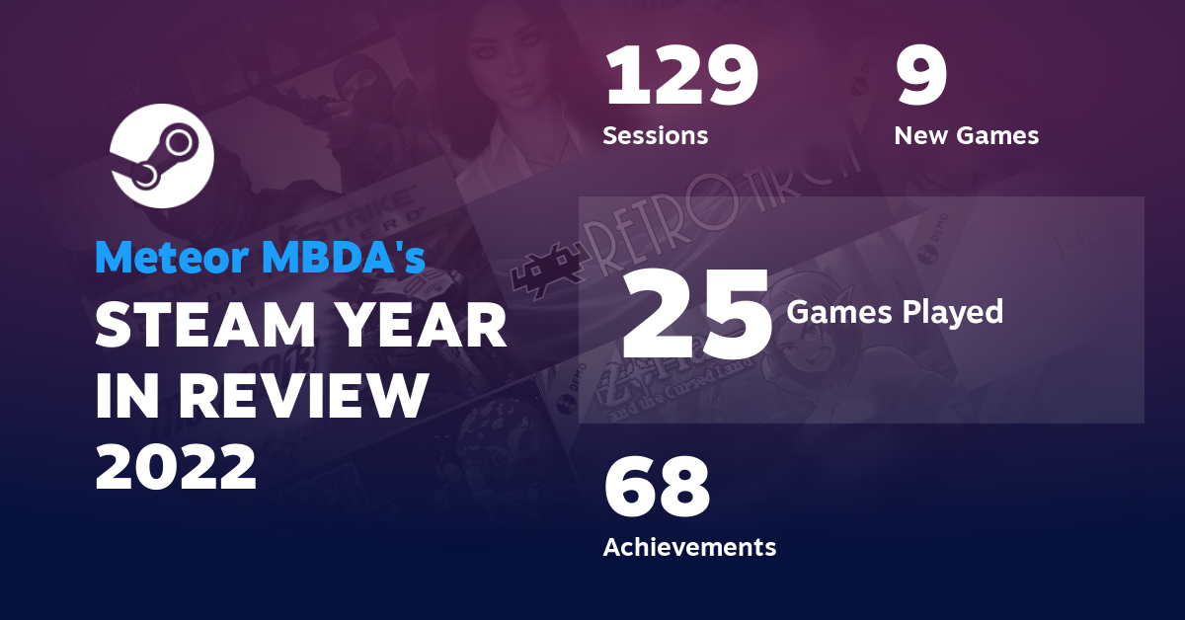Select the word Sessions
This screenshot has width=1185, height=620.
(655, 135)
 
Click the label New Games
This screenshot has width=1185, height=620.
(966, 135)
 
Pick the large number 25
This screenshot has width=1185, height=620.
(695, 315)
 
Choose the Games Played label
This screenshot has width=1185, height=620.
(895, 312)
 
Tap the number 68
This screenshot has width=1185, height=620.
(657, 488)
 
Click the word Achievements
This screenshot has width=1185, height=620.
(689, 546)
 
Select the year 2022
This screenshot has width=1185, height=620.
(176, 465)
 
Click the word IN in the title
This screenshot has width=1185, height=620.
(128, 395)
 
